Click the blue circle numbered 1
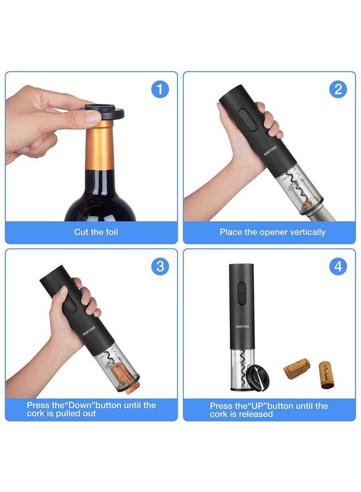click(x=160, y=90)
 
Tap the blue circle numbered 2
click(x=338, y=89)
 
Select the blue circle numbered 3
click(x=160, y=266)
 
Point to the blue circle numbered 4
click(x=338, y=266)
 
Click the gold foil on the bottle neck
click(x=100, y=145)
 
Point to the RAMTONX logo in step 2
click(x=270, y=151)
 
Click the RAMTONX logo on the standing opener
click(x=243, y=327)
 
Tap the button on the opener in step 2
click(x=248, y=119)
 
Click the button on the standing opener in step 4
click(x=241, y=293)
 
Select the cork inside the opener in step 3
click(x=123, y=376)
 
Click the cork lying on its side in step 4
click(x=296, y=368)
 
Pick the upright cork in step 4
click(x=325, y=375)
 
